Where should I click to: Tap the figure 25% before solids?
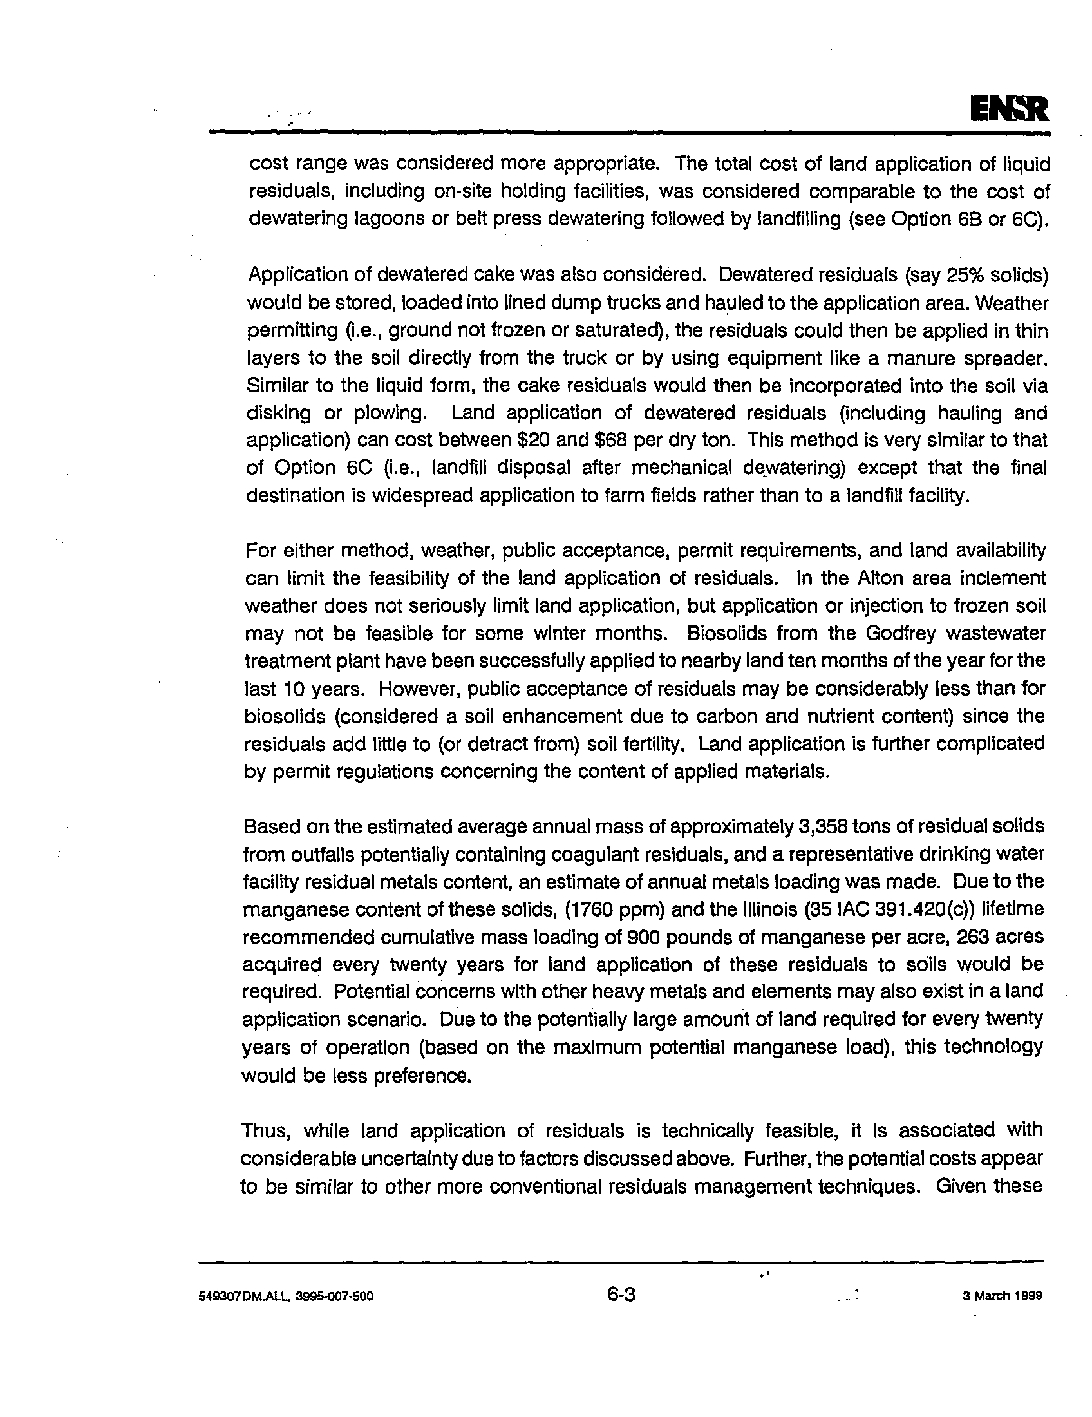[968, 275]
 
